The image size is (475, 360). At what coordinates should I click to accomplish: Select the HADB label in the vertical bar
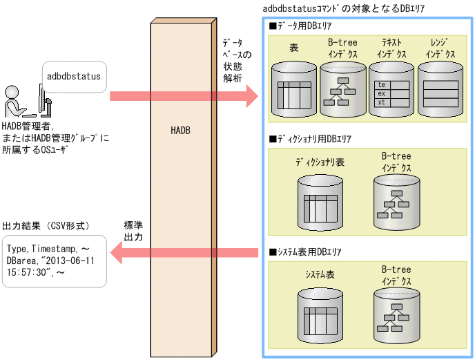[180, 131]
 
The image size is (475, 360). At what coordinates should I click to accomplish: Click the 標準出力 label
[133, 231]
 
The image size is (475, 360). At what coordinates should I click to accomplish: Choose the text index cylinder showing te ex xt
[391, 89]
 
